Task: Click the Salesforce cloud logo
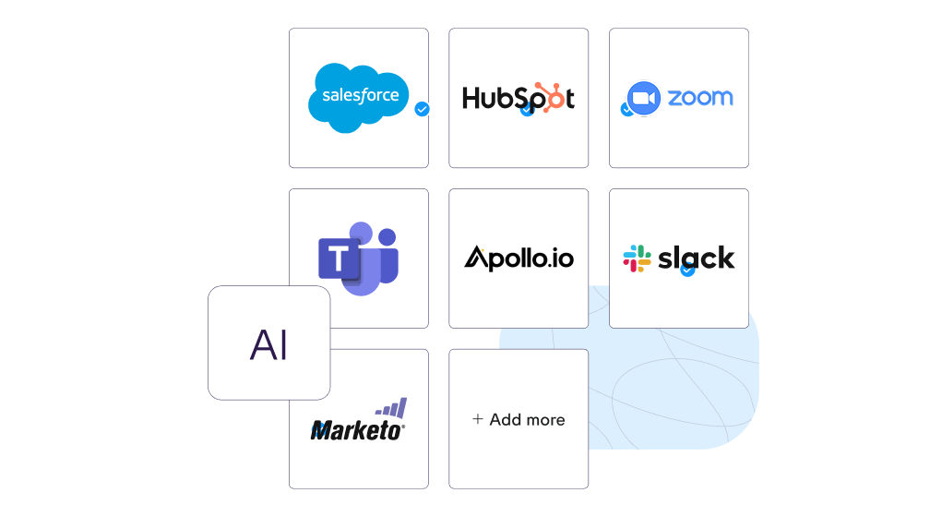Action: [358, 96]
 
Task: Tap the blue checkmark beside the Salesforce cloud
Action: [423, 109]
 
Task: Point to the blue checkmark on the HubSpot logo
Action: [527, 109]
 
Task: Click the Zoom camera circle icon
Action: [643, 98]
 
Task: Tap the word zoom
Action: [699, 97]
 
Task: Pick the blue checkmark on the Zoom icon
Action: [627, 109]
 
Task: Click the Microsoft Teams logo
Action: [358, 258]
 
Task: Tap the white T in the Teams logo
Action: [340, 258]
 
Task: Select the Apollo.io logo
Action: [519, 258]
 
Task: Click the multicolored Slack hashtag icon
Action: [637, 258]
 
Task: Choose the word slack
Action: [697, 258]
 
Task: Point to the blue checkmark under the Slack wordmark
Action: [687, 271]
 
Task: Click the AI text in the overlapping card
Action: [268, 343]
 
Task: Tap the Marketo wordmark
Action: [358, 430]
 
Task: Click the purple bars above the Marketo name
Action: [391, 408]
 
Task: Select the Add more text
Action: [527, 419]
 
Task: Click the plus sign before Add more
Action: [478, 419]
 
